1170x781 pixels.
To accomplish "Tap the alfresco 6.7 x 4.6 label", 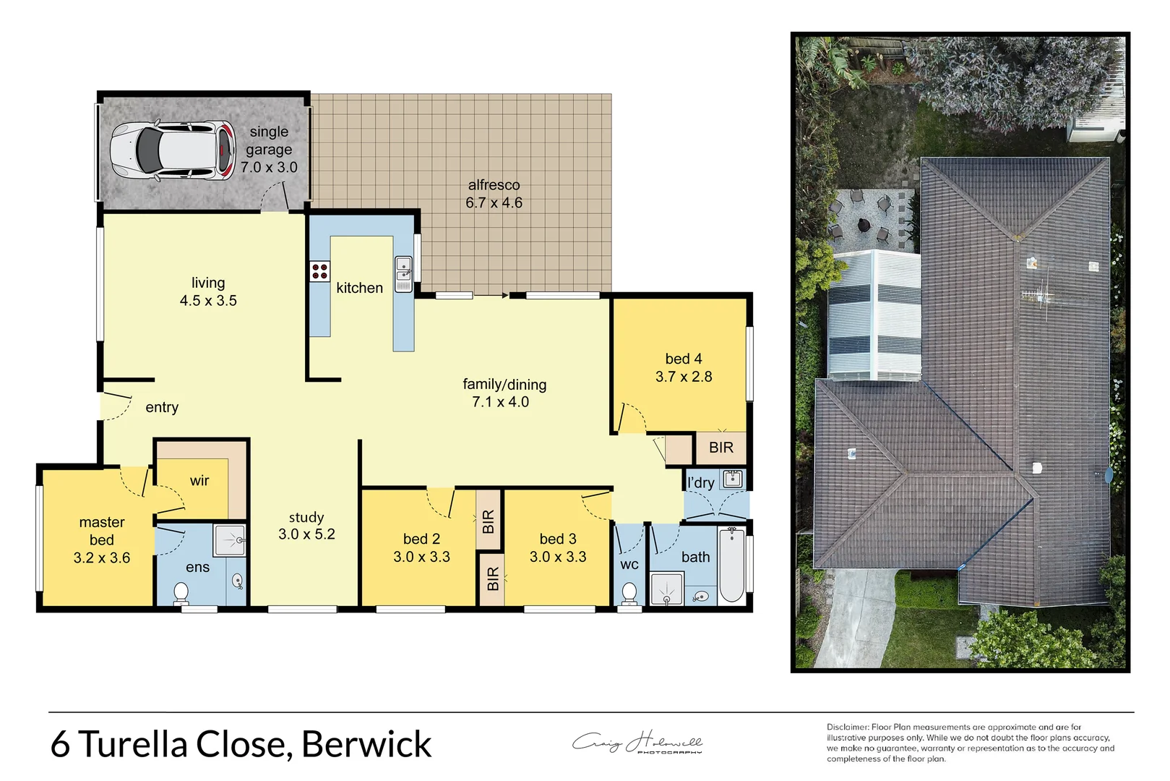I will click(494, 194).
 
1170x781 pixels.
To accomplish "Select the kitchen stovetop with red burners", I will click(319, 272).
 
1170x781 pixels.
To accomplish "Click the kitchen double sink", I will click(403, 274).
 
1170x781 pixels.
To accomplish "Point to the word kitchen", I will click(359, 288).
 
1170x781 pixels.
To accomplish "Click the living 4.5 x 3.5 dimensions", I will click(208, 301).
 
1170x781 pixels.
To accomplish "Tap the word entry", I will click(162, 407).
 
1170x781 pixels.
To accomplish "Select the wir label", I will click(199, 481).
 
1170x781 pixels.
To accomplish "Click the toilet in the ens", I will click(181, 594).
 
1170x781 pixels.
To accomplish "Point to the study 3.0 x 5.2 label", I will click(306, 526).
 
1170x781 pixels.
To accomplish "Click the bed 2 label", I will click(421, 539).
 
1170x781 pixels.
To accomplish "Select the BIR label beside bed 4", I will click(721, 448).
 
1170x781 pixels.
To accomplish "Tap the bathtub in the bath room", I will click(731, 565).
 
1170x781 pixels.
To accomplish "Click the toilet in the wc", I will click(629, 594).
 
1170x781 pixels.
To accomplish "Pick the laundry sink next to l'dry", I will click(733, 479).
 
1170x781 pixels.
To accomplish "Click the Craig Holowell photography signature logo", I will click(637, 743).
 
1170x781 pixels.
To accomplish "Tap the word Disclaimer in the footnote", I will click(847, 727).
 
